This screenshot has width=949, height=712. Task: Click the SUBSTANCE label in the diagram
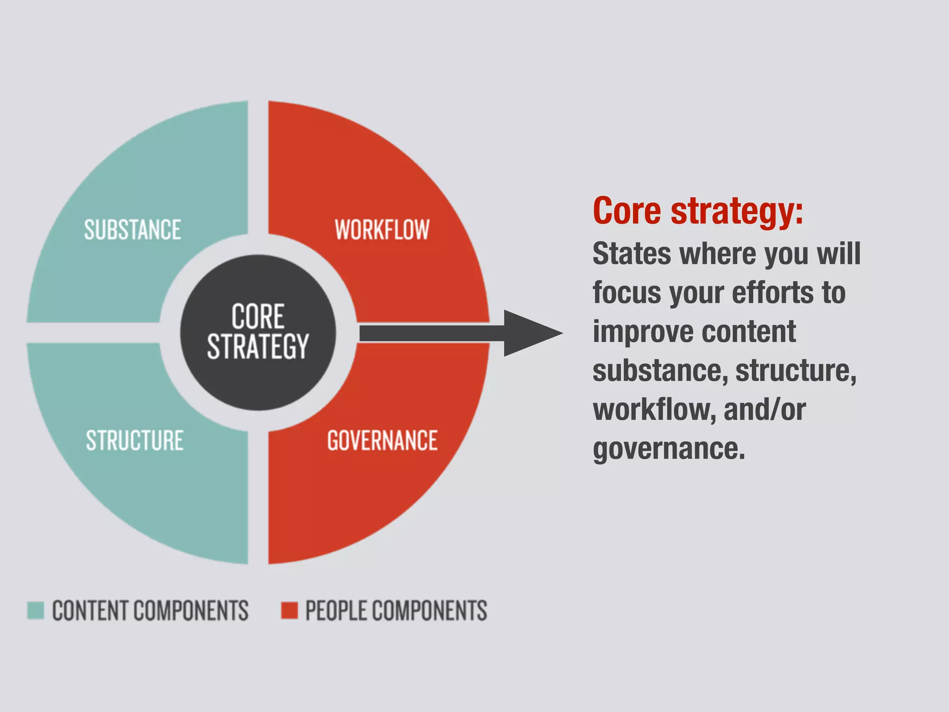click(x=133, y=230)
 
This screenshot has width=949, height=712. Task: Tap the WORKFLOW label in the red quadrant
click(x=382, y=230)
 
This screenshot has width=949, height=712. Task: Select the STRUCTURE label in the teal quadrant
click(x=135, y=440)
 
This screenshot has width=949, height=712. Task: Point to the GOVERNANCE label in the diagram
click(x=382, y=440)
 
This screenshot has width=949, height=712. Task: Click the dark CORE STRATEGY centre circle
click(x=258, y=332)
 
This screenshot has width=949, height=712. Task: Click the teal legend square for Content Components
click(x=36, y=610)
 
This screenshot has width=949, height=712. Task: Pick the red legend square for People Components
click(x=290, y=610)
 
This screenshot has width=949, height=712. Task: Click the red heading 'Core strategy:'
click(x=698, y=211)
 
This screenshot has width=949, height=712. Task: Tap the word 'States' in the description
click(x=632, y=254)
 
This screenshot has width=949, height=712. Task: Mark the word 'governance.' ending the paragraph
click(x=669, y=449)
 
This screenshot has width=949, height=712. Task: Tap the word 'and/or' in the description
click(x=765, y=410)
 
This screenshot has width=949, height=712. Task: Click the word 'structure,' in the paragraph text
click(x=796, y=371)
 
